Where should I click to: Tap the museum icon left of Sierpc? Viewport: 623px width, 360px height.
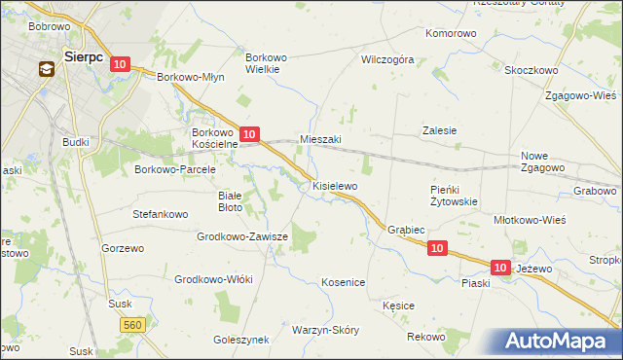click(x=47, y=69)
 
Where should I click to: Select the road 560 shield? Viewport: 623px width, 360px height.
click(x=134, y=323)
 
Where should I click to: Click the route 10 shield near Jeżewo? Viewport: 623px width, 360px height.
click(x=500, y=267)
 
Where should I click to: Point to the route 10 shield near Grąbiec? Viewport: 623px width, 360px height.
click(x=437, y=249)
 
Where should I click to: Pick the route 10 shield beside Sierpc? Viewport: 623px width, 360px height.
click(x=119, y=64)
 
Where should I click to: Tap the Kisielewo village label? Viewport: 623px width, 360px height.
click(x=335, y=185)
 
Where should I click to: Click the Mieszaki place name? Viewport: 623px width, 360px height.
click(x=320, y=139)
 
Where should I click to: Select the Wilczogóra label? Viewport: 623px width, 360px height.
click(x=387, y=59)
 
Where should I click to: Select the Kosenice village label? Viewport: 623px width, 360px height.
click(x=343, y=282)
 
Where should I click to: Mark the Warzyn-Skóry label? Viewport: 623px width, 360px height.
click(x=325, y=330)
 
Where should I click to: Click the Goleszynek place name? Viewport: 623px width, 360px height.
click(x=240, y=340)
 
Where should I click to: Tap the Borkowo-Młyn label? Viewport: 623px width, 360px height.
click(x=191, y=77)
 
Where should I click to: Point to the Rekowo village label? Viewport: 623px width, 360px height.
click(x=426, y=336)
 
